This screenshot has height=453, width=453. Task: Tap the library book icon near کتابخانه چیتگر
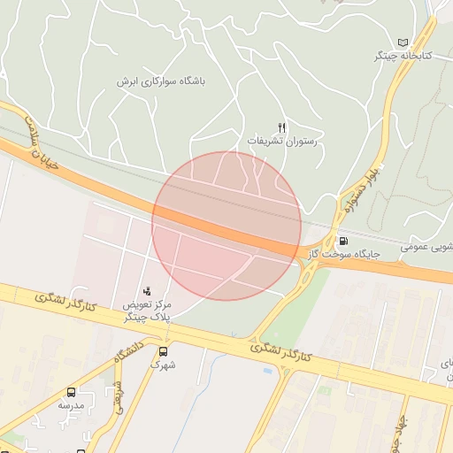404,42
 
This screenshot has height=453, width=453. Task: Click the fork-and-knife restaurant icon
281,127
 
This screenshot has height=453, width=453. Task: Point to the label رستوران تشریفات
281,142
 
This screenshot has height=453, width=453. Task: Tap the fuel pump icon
342,240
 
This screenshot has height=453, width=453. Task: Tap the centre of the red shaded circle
226,226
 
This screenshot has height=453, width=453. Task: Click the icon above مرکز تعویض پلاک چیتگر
147,290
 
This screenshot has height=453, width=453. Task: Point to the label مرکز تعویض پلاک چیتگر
148,311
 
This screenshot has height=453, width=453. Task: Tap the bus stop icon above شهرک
163,350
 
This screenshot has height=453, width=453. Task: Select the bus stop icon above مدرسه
71,392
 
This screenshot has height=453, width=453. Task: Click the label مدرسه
71,405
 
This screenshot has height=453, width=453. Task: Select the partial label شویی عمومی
428,246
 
